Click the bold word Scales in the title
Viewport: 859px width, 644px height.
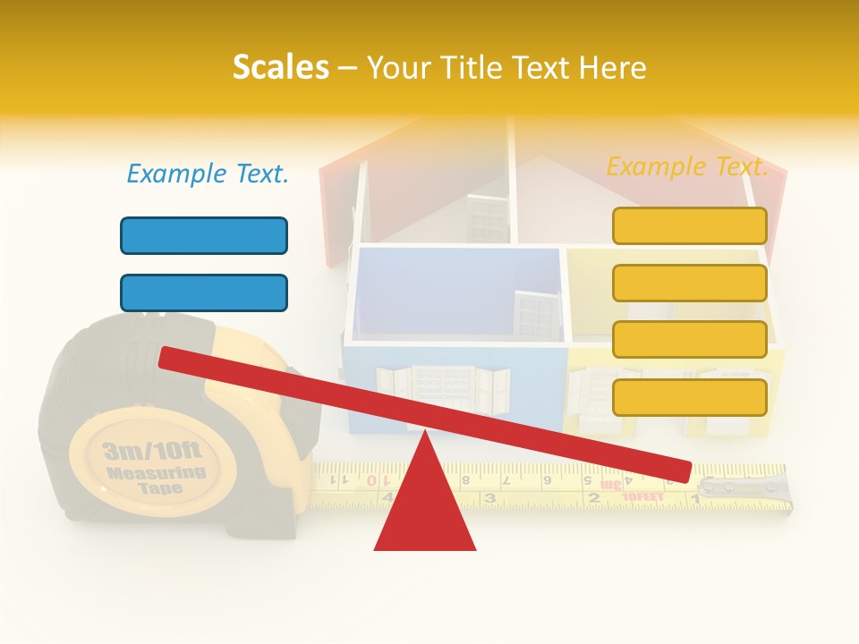(x=280, y=67)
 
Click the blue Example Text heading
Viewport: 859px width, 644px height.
(x=208, y=174)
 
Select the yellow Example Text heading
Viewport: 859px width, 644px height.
(x=687, y=166)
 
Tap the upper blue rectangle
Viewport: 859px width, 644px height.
(x=204, y=235)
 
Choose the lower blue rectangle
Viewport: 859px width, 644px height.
(x=204, y=292)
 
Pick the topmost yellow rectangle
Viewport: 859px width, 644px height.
(x=689, y=225)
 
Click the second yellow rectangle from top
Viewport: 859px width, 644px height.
(x=689, y=283)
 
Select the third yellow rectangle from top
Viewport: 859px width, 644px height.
(x=689, y=340)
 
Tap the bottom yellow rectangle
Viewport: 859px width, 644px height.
(x=689, y=397)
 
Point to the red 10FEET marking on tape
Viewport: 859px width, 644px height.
(x=642, y=496)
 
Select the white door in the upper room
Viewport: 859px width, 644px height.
(x=488, y=218)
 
